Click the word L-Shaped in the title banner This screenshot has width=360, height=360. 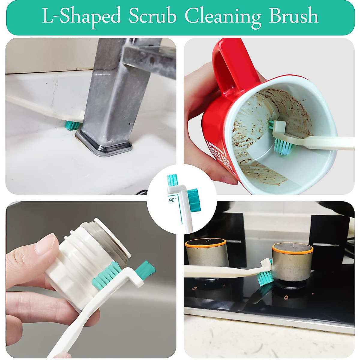(81, 16)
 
